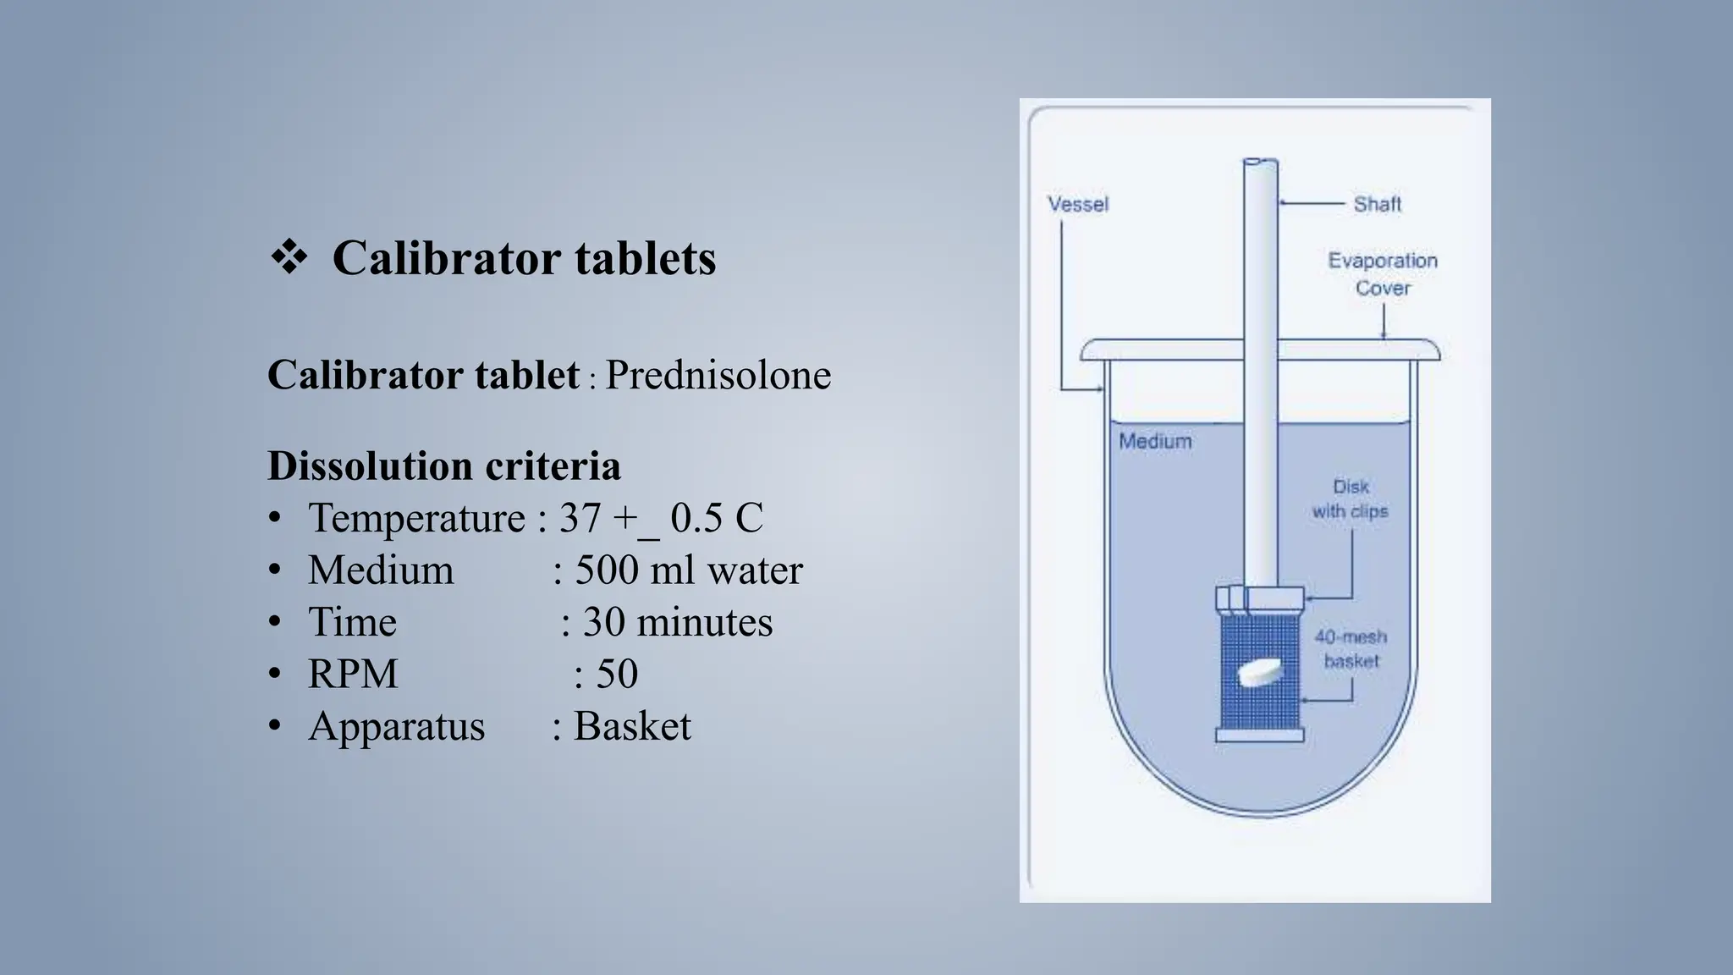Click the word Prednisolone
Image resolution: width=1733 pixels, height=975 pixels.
(x=718, y=375)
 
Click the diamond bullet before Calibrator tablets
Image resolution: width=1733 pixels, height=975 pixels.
(x=289, y=258)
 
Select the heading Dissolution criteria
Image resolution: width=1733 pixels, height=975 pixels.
(x=444, y=465)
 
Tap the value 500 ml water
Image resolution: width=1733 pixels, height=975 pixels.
(x=689, y=570)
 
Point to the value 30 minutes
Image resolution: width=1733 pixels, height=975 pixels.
(x=678, y=622)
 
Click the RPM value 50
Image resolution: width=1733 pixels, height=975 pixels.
(x=617, y=675)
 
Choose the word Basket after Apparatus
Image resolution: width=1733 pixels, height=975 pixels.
(x=632, y=726)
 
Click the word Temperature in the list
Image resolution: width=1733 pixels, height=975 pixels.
(x=416, y=518)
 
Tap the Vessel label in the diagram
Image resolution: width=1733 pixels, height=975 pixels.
(x=1077, y=205)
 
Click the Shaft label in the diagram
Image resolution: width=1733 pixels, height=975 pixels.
(x=1377, y=204)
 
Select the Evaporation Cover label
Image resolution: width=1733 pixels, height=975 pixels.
(x=1383, y=274)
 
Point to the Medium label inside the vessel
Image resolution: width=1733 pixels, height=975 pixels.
(x=1155, y=441)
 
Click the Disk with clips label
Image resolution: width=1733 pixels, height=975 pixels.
(x=1351, y=499)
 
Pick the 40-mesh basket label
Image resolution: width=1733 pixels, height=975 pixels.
(x=1351, y=648)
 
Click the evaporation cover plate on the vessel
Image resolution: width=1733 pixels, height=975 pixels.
(x=1168, y=349)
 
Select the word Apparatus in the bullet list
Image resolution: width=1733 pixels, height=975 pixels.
(x=397, y=726)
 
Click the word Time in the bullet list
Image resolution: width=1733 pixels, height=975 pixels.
(x=352, y=622)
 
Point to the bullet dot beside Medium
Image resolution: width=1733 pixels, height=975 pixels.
(x=274, y=570)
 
